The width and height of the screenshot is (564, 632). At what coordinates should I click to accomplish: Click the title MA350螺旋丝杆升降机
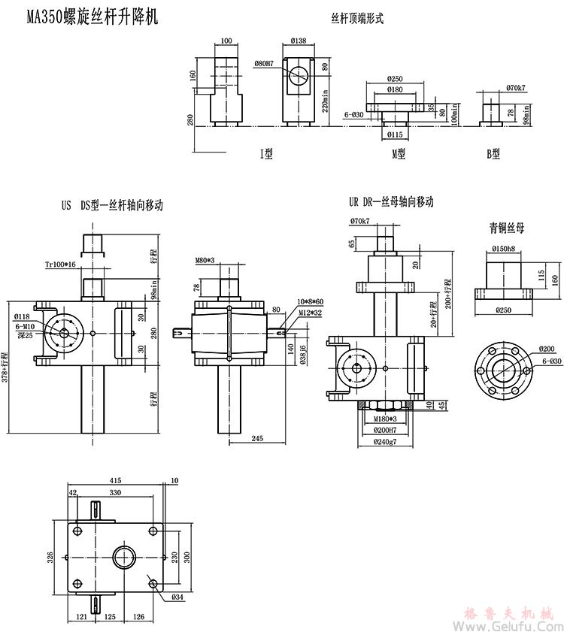tap(92, 17)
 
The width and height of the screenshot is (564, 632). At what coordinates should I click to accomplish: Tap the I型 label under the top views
tap(266, 153)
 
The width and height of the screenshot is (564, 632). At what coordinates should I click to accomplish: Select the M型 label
tap(398, 153)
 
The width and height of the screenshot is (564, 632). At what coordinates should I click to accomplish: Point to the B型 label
tap(493, 153)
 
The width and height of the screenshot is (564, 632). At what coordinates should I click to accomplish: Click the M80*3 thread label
tap(205, 261)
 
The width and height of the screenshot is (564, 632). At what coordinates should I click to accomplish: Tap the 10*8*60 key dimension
tap(310, 301)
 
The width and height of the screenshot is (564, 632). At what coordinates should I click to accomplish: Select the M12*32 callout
tap(311, 312)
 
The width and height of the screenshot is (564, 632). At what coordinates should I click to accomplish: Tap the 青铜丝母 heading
tap(507, 227)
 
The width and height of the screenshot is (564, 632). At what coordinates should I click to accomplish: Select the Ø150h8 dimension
tap(504, 248)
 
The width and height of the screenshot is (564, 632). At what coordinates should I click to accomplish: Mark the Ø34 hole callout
tap(177, 597)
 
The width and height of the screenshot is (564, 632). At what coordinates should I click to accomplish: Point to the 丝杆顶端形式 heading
tap(357, 19)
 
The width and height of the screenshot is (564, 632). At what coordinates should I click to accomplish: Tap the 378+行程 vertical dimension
tap(5, 366)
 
